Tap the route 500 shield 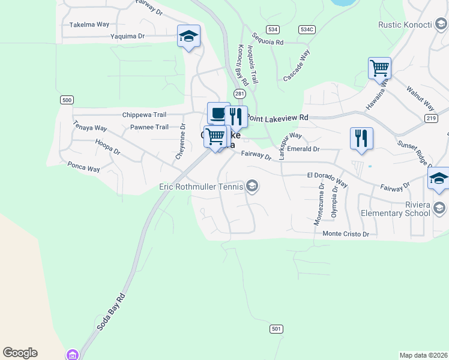click(x=67, y=100)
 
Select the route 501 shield click(x=276, y=329)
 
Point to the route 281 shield click(x=240, y=94)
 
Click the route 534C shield click(x=306, y=29)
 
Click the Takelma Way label click(x=89, y=25)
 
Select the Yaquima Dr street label click(x=128, y=36)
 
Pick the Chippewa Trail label click(x=143, y=115)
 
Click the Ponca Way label click(x=83, y=167)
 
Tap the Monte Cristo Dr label click(x=345, y=233)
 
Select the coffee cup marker click(x=218, y=113)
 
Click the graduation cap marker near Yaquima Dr click(x=188, y=37)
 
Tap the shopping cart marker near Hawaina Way click(x=379, y=68)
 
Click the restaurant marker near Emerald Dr click(x=361, y=138)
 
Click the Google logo click(x=20, y=353)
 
